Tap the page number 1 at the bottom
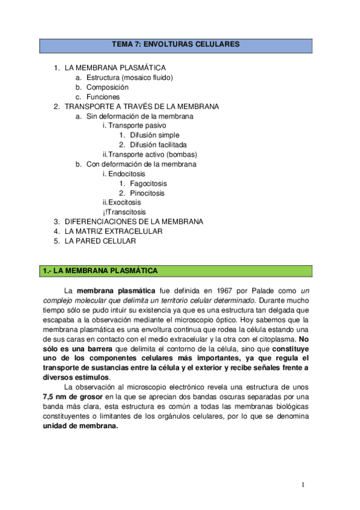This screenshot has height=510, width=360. point(304,484)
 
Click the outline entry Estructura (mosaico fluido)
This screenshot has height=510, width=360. point(129,78)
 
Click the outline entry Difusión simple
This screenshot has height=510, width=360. point(154,135)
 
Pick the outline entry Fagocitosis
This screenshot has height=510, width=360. point(148,183)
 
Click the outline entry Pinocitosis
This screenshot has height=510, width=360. point(147,193)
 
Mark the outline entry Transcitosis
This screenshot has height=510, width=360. point(126,212)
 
